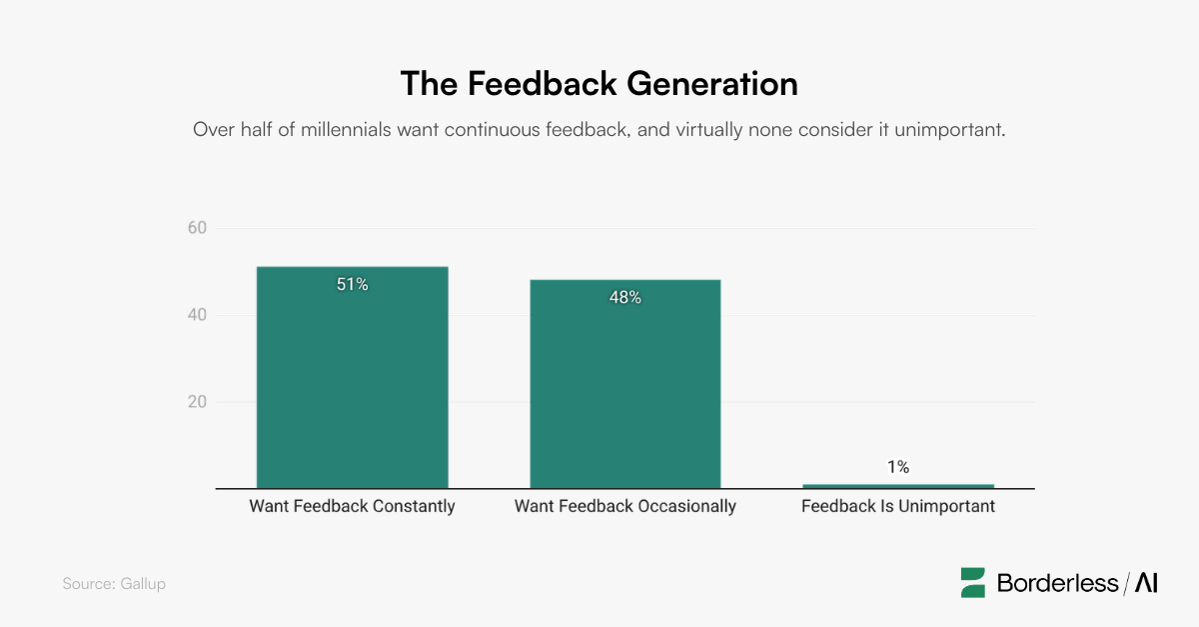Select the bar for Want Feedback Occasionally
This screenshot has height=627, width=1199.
coord(624,385)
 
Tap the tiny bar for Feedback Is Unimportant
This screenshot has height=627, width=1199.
coord(897,486)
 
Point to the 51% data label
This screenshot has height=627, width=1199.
coord(352,285)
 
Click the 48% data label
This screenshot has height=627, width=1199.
coord(624,298)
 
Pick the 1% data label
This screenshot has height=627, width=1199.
coord(897,467)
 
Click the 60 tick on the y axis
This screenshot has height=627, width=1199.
coord(197,228)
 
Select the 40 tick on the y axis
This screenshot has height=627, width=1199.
coord(197,316)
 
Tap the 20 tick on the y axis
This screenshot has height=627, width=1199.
coord(197,403)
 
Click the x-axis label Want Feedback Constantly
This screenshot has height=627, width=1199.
coord(352,506)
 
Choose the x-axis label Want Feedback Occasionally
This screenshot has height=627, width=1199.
coord(624,506)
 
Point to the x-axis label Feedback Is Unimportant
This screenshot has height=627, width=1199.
coord(897,506)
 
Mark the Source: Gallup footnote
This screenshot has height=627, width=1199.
coord(114,584)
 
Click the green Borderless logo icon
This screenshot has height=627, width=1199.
coord(973,583)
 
